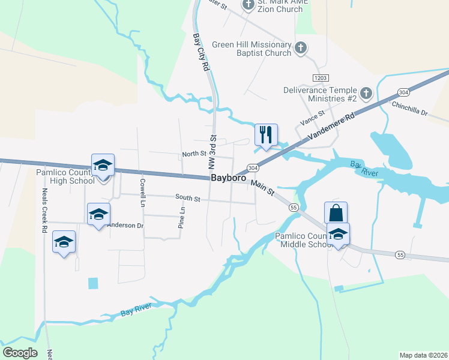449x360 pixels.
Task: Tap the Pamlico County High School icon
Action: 103,165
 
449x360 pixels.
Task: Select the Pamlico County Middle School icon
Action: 338,234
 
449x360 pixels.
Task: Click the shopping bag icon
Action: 336,213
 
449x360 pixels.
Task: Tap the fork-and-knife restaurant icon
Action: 266,134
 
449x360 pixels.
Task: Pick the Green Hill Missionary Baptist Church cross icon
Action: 301,47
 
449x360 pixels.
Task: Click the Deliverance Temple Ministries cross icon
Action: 366,94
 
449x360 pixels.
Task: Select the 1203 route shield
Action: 321,78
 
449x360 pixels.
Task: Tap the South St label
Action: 187,197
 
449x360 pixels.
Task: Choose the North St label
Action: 194,154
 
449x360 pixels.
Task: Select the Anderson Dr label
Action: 125,226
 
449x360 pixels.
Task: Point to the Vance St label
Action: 312,118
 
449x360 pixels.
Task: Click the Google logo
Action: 20,352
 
